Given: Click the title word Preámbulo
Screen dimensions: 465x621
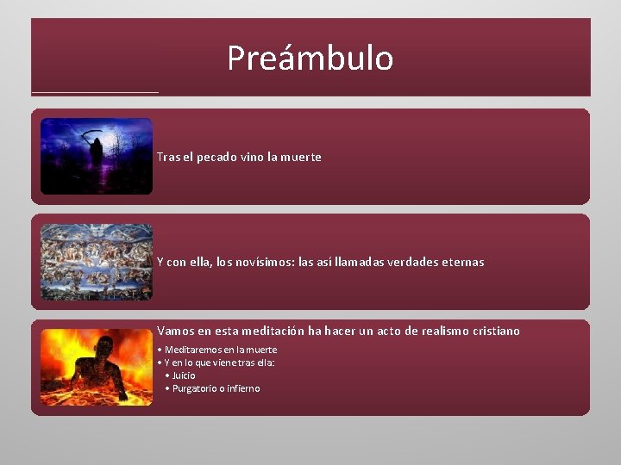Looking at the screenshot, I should (310, 59).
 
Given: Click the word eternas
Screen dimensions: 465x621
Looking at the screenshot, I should (464, 262).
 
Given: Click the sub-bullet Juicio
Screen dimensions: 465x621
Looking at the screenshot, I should (183, 375).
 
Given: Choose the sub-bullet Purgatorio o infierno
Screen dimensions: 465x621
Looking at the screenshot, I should (216, 388).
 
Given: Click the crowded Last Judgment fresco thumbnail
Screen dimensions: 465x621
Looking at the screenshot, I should (97, 262).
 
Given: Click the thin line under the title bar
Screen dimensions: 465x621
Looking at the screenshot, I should (95, 92).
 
